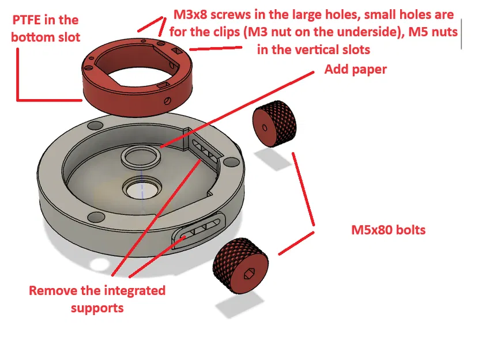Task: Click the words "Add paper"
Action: tap(355, 70)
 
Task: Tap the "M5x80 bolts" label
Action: tap(388, 230)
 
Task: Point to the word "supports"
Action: tap(97, 308)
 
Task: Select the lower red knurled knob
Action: tap(242, 266)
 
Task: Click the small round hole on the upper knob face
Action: tap(263, 128)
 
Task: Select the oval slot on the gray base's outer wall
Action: tap(197, 231)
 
